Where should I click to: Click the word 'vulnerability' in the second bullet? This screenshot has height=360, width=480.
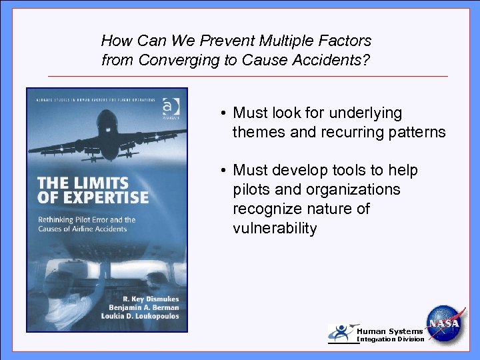point(275,229)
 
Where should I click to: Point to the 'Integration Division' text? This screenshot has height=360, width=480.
point(390,339)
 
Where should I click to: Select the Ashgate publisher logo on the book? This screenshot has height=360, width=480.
point(170,107)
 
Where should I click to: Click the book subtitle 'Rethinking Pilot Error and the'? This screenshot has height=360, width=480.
point(86,219)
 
